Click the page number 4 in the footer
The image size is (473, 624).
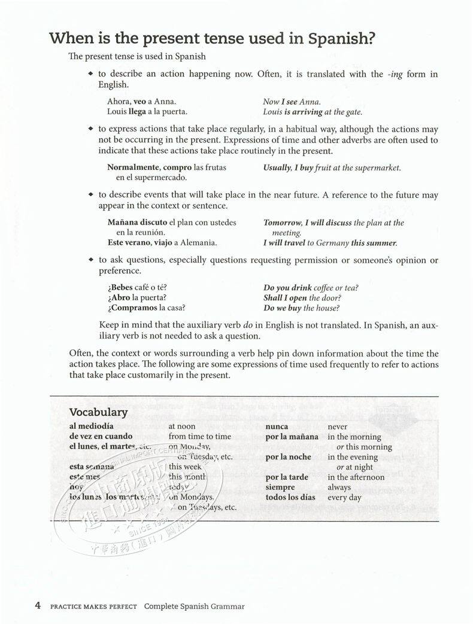[37, 605]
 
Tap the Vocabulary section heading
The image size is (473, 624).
[98, 412]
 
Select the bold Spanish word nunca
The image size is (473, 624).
[277, 427]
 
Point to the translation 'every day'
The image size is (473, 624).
[344, 497]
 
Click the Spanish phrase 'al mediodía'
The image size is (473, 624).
[91, 427]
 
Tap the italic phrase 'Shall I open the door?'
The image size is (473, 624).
[302, 298]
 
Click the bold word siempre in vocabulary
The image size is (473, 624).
[280, 487]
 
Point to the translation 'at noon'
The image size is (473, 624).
[182, 427]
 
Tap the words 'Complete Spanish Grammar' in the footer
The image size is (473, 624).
[194, 606]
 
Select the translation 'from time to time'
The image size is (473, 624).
[199, 437]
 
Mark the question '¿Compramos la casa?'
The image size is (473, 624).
[146, 308]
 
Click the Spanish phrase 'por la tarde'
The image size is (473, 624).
[287, 477]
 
